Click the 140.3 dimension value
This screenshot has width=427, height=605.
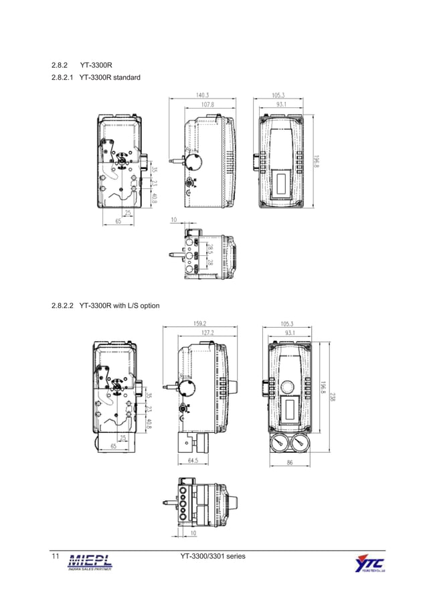coord(202,95)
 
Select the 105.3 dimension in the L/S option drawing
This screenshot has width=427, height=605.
coord(288,322)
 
